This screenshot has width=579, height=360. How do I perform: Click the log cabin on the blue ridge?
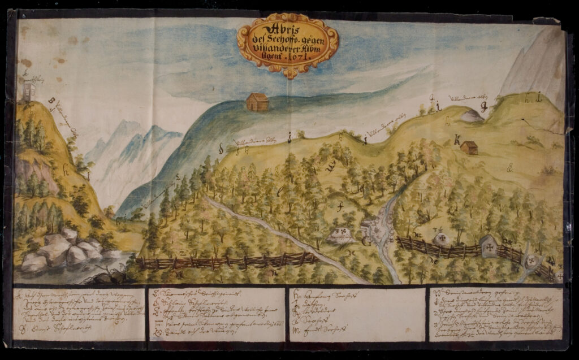257,102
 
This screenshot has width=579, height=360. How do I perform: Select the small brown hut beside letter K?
469,148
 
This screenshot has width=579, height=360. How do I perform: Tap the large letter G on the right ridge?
483,106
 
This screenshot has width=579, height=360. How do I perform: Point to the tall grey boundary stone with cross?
487,246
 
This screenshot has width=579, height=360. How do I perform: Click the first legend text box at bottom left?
79,315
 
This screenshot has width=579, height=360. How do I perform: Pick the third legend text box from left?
357,315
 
